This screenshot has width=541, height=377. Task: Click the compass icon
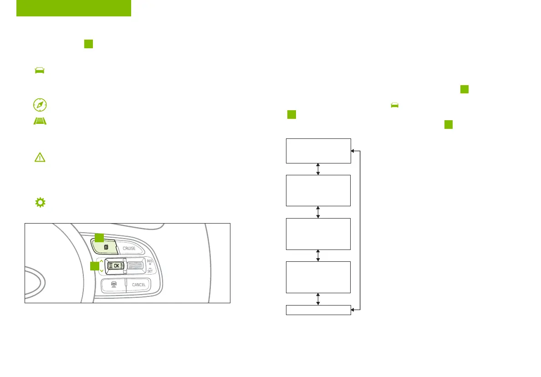click(40, 105)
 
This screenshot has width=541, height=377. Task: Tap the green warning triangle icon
click(40, 157)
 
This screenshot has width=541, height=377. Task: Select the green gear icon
click(40, 203)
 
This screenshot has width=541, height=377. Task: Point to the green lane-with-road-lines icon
click(40, 122)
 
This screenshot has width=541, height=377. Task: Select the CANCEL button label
click(138, 285)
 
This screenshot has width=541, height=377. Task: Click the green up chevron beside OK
click(101, 261)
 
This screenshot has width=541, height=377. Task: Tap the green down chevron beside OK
click(101, 270)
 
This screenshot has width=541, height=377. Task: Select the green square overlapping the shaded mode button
click(99, 237)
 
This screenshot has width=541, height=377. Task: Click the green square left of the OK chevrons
click(94, 266)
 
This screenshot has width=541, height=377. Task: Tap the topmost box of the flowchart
click(318, 150)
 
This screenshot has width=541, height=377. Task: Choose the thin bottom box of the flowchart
click(318, 310)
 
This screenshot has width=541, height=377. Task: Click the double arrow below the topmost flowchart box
click(318, 168)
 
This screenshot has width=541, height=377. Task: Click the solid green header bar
click(74, 8)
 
